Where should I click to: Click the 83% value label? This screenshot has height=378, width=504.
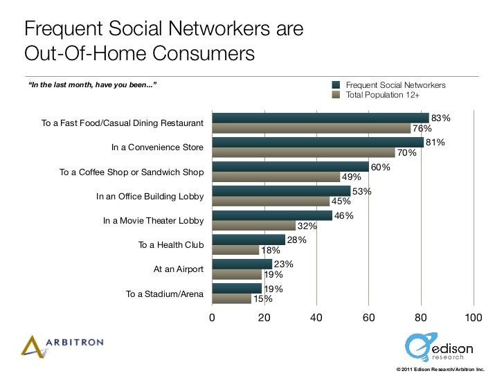pos(441,118)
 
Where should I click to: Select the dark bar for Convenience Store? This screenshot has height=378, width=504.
pos(317,143)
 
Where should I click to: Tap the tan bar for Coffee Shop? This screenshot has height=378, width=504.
pos(276,177)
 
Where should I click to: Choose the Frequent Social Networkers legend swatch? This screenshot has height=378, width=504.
pos(336,84)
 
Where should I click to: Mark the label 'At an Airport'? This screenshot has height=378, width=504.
pos(179,269)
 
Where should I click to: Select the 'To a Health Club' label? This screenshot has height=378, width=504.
pos(171,245)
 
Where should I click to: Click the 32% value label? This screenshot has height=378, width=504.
pos(307,226)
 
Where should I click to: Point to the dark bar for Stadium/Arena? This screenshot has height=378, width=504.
pos(237,288)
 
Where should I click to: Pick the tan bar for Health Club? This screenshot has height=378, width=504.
pos(235,250)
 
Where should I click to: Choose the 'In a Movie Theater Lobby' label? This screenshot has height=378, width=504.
pos(153,221)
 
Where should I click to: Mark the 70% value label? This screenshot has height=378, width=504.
pos(406,153)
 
